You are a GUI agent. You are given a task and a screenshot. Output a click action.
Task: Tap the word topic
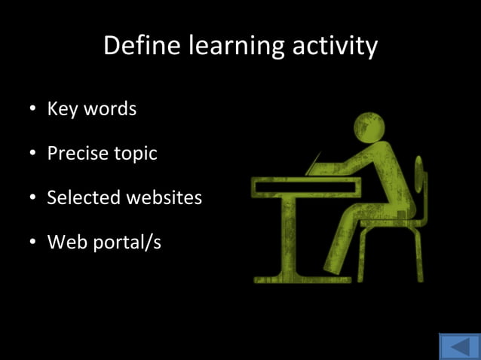[x=136, y=154]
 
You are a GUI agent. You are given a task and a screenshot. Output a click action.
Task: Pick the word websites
[x=164, y=197]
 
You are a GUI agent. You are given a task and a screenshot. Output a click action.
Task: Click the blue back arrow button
[x=458, y=346]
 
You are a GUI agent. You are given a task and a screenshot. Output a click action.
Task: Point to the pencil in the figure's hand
[x=315, y=161]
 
